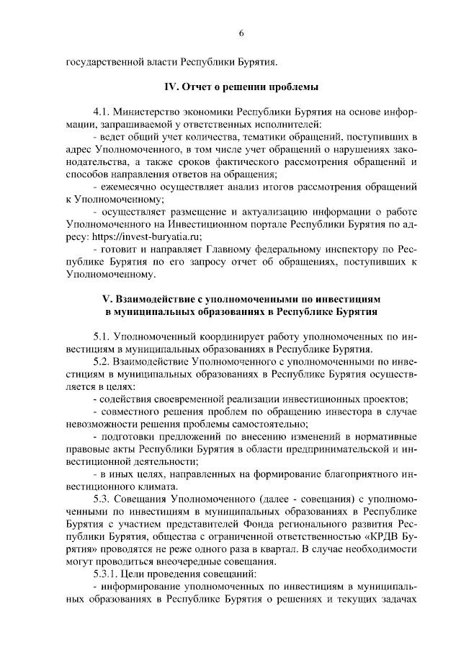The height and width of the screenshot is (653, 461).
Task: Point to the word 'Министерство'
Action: (x=151, y=113)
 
